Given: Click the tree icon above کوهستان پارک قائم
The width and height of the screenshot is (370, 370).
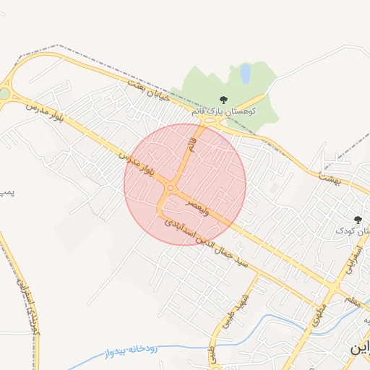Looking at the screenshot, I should click(x=223, y=100).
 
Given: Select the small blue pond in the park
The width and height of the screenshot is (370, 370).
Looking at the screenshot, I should click(x=246, y=73).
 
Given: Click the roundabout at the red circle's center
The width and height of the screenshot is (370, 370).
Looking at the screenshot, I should click(x=171, y=189).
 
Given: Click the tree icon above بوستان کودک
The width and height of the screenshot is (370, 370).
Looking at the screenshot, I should click(x=357, y=220).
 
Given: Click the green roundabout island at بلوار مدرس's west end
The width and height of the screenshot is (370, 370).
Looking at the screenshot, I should click(x=5, y=94).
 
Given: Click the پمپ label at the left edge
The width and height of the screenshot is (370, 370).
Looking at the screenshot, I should click(x=7, y=194).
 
